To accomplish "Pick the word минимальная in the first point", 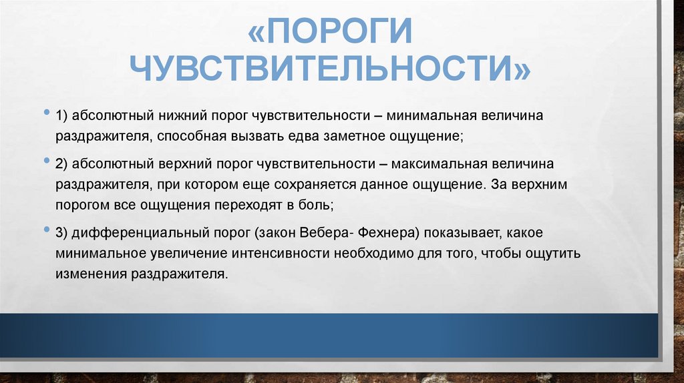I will click(x=432, y=116).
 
